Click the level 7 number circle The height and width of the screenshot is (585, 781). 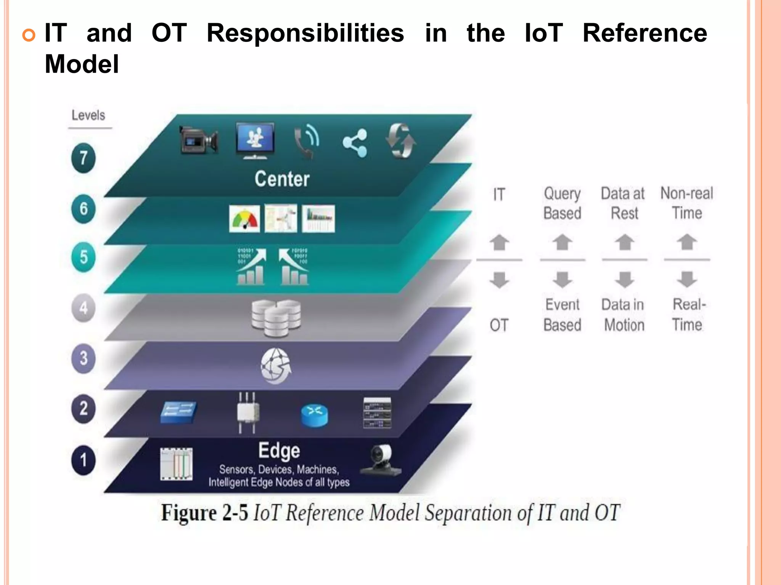tap(83, 158)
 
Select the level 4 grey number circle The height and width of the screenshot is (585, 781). tap(83, 308)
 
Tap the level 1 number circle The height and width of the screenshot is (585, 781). tap(83, 460)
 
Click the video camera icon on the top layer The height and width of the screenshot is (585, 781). tap(199, 140)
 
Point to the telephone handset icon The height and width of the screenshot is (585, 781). tap(306, 141)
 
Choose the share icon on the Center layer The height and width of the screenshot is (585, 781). tap(355, 143)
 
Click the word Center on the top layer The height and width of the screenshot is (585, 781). tap(282, 179)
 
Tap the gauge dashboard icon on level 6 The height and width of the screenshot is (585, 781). tap(244, 219)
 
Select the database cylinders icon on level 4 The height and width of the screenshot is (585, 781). tap(276, 318)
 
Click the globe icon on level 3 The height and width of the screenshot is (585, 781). tap(276, 366)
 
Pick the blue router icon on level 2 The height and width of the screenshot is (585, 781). tap(314, 415)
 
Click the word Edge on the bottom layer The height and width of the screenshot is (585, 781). tap(279, 451)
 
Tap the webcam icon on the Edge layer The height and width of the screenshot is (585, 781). tap(381, 460)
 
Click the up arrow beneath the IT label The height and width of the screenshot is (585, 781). tap(499, 242)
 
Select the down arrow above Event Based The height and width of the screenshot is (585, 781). tap(562, 280)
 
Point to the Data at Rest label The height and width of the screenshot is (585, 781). tap(624, 203)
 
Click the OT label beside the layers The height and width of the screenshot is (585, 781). tap(499, 325)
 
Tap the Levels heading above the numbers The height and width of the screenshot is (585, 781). tap(88, 115)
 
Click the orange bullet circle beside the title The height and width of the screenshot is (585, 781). tap(29, 35)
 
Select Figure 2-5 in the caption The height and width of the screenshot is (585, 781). tap(204, 513)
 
